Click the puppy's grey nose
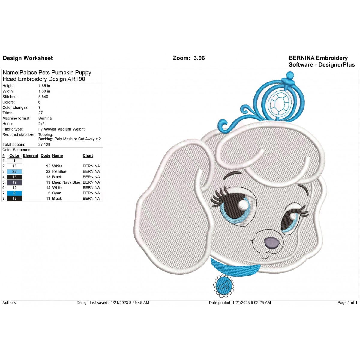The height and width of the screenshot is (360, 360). click(271, 243)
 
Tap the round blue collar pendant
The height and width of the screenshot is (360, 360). click(223, 286)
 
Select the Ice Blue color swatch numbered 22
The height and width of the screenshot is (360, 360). click(14, 172)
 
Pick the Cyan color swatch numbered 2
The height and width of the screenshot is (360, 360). click(14, 193)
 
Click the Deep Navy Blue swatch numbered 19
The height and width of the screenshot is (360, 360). click(14, 182)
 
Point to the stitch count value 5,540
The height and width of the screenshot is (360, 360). click(43, 97)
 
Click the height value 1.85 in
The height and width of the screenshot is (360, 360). click(44, 86)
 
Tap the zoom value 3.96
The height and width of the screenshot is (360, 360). click(199, 58)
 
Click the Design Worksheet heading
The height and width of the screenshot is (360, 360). click(28, 58)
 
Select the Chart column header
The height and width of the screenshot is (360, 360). click(88, 155)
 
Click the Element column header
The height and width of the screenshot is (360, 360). click(31, 155)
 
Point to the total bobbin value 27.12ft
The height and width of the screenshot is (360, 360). click(44, 144)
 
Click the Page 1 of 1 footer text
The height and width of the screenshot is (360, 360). click(347, 303)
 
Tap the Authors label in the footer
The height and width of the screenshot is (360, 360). click(10, 303)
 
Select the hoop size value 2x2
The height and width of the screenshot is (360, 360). click(41, 124)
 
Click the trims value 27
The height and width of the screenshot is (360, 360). click(40, 113)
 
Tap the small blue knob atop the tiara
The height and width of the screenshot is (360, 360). click(290, 75)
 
